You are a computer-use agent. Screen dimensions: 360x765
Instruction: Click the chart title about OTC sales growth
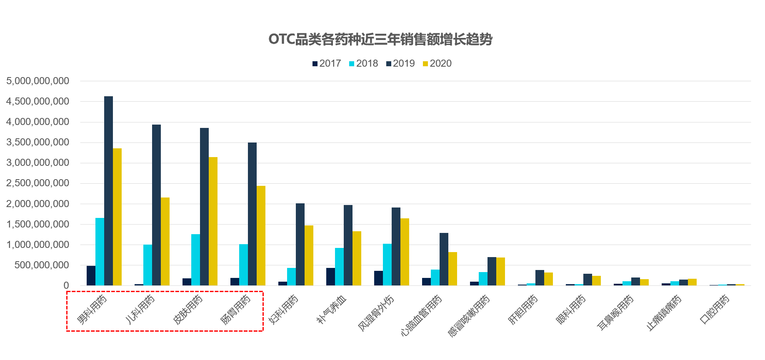(x=380, y=40)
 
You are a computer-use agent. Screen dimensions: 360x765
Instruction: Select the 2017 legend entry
(x=327, y=63)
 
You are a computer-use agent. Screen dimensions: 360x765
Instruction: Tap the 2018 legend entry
(x=363, y=63)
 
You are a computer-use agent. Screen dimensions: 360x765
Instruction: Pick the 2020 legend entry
(x=437, y=63)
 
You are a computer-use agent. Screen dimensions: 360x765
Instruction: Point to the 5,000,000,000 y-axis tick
(x=38, y=81)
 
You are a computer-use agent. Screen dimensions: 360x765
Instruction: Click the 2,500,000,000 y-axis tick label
(x=38, y=183)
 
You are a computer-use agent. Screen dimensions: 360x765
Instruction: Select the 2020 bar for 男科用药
(x=117, y=217)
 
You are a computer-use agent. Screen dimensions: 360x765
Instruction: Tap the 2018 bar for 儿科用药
(x=147, y=265)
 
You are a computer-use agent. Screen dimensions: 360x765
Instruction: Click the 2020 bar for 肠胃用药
(x=261, y=235)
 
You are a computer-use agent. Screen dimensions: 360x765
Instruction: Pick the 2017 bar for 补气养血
(x=330, y=277)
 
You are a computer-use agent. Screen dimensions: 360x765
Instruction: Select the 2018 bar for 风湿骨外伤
(x=387, y=265)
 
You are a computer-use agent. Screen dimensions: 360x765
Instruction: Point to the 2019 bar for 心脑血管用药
(x=444, y=259)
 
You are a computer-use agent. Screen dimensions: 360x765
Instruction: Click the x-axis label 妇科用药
(x=284, y=310)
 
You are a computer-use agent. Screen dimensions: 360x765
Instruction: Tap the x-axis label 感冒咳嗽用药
(x=469, y=316)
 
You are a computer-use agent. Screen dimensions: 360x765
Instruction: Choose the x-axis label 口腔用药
(x=715, y=310)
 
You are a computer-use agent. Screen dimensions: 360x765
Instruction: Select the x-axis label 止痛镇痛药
(x=664, y=313)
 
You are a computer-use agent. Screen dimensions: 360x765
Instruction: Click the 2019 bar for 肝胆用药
(x=540, y=278)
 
